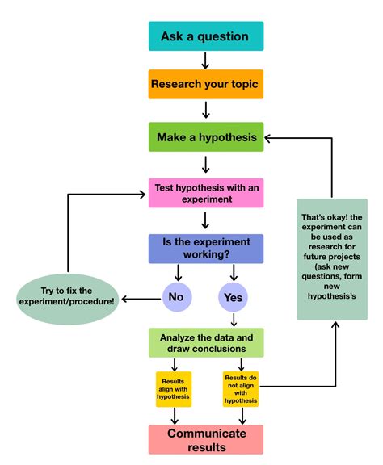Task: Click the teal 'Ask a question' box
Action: (x=205, y=36)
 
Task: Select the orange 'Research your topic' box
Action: (x=205, y=83)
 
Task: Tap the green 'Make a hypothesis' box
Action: (x=205, y=137)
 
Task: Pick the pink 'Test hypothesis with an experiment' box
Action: (x=206, y=193)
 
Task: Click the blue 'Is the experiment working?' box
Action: (x=206, y=249)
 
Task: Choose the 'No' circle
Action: (x=176, y=298)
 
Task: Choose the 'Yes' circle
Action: (x=233, y=298)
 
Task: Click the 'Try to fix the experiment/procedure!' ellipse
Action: (x=67, y=295)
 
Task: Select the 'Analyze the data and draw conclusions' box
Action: (x=206, y=343)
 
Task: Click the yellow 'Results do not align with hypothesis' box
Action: (x=241, y=388)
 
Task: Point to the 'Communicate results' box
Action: (x=206, y=440)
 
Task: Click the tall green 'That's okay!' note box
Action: (x=332, y=258)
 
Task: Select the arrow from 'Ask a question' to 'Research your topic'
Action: (x=205, y=61)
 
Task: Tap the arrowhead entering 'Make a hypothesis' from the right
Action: (x=270, y=138)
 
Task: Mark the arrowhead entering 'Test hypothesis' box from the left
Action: (x=143, y=194)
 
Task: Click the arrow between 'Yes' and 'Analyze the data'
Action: (x=233, y=320)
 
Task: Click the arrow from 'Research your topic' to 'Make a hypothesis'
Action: (x=205, y=110)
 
